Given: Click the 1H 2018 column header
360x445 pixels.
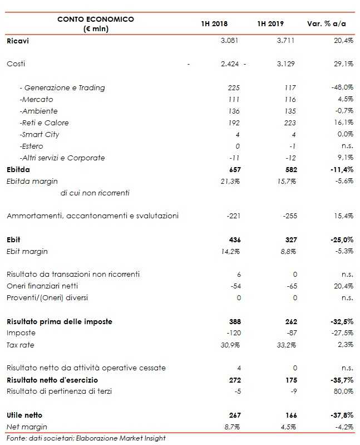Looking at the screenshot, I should pos(214,24).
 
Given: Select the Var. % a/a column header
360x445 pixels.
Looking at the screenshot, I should pos(326,24).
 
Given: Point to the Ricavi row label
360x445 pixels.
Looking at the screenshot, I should pos(18,41).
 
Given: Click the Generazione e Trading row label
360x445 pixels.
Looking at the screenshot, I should pos(62,87).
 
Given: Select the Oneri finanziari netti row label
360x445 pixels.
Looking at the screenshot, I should pos(46,286).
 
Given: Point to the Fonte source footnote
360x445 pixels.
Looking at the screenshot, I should pos(86,438).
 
